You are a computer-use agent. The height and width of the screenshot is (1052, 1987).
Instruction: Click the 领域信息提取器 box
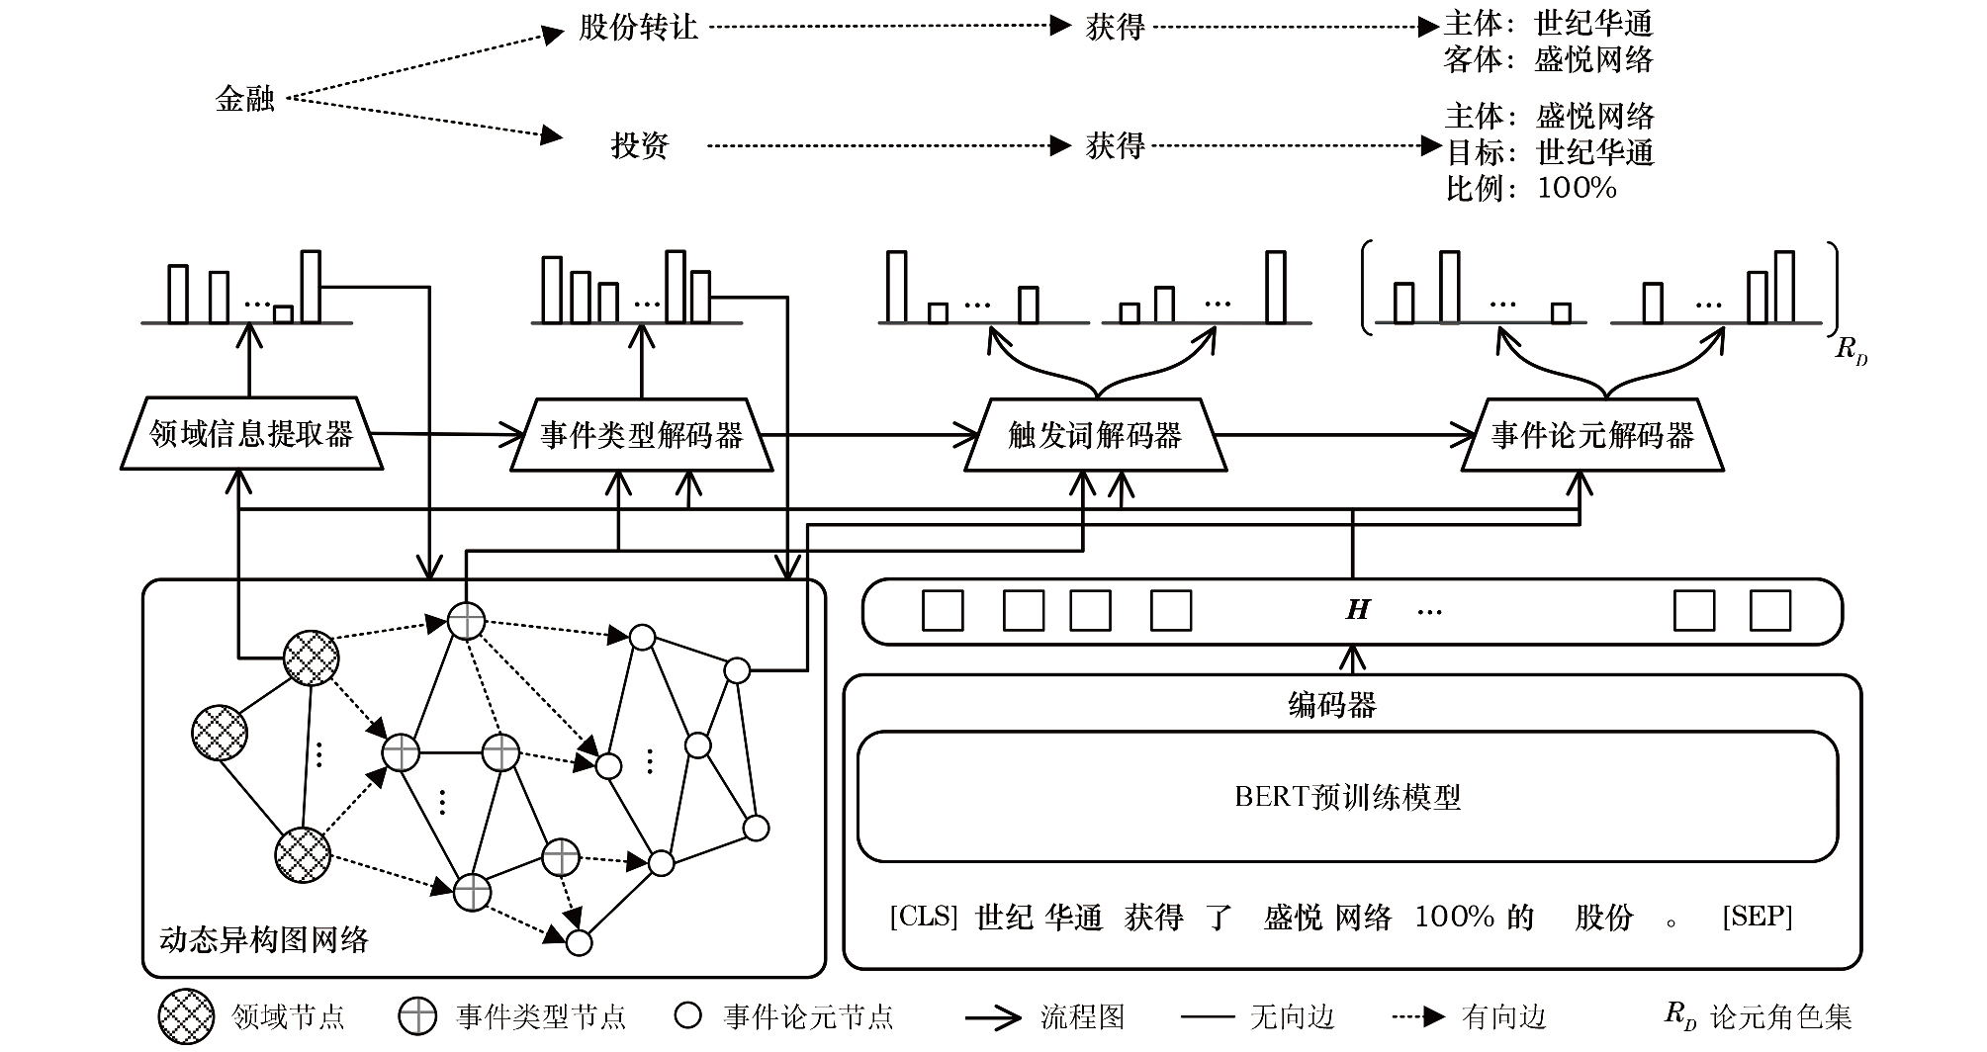(251, 434)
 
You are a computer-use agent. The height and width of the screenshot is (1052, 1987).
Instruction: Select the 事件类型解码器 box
(641, 435)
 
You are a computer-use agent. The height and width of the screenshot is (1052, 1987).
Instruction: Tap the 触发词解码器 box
(1095, 435)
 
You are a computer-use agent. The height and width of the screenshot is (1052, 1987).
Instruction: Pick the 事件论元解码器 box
(1592, 435)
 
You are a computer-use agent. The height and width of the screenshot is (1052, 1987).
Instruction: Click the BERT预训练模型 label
(1347, 797)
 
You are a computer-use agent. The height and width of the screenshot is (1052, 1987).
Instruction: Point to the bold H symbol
(1358, 610)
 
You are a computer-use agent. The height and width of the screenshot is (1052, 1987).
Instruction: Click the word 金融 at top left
(244, 99)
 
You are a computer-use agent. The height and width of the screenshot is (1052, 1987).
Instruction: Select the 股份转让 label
(638, 28)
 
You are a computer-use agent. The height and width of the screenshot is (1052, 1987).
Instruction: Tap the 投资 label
(640, 146)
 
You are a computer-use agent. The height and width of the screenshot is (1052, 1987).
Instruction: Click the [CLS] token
(923, 917)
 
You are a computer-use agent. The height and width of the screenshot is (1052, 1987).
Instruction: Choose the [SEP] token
(1757, 917)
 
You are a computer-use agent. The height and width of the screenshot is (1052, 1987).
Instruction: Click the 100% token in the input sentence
(1453, 917)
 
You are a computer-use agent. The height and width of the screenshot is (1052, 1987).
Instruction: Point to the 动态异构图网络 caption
(263, 938)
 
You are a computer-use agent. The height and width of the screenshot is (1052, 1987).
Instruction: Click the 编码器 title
(1331, 705)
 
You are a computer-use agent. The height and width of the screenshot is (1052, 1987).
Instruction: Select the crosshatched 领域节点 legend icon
(186, 1016)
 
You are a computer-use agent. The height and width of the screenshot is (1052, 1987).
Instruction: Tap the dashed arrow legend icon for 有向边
(1418, 1016)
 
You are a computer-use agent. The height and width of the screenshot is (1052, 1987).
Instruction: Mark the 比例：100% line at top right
(1530, 188)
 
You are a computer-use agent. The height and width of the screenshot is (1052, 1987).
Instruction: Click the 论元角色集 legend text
(1780, 1016)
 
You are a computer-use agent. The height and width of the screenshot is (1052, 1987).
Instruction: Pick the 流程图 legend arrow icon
(993, 1016)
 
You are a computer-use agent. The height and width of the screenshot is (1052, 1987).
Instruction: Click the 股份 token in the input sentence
(1603, 917)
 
